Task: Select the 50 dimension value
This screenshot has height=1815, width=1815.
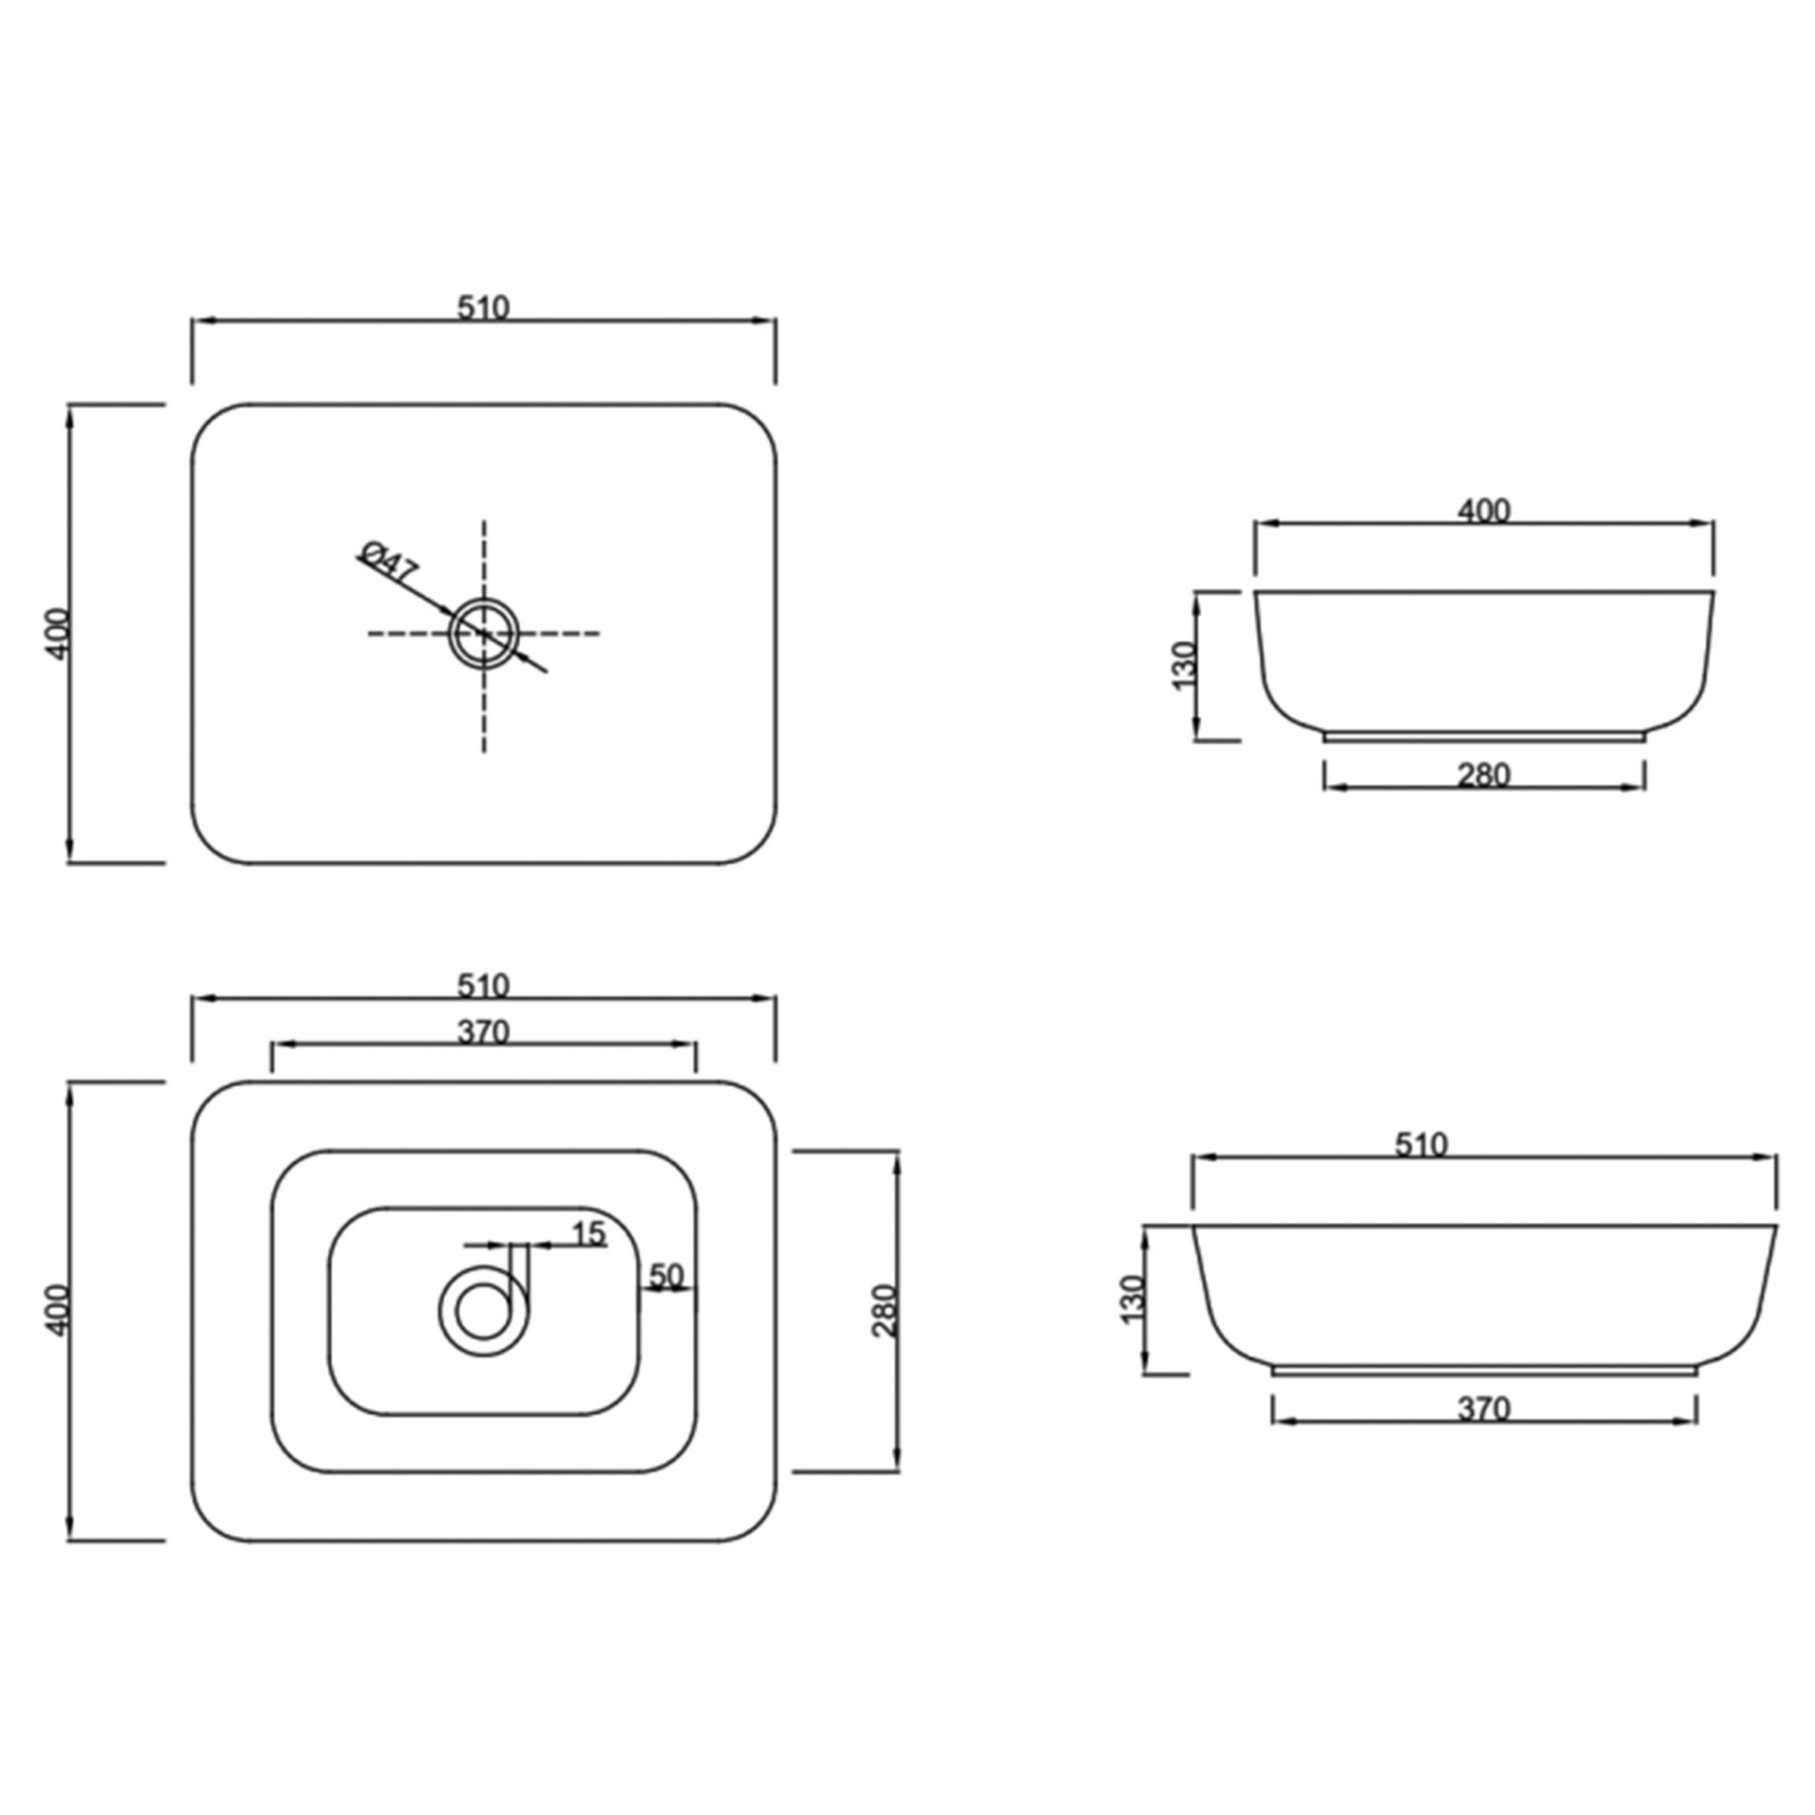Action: point(666,1276)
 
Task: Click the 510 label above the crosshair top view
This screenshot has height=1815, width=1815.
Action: point(483,307)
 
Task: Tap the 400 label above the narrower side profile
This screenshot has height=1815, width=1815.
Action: point(1484,510)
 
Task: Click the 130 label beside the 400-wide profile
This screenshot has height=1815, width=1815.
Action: point(1184,665)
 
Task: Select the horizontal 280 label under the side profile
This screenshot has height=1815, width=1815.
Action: point(1484,774)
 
